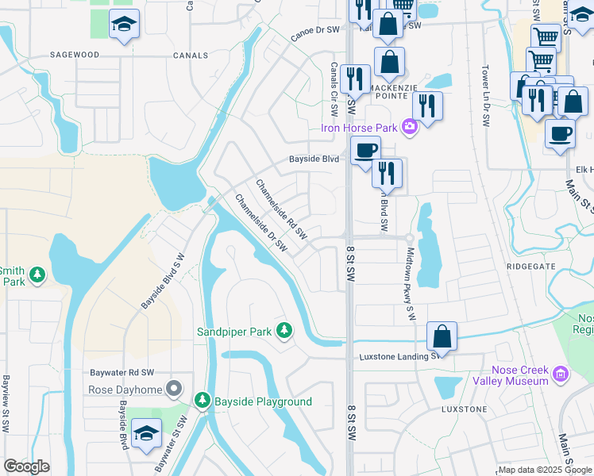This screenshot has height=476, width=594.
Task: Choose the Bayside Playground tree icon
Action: (202, 401)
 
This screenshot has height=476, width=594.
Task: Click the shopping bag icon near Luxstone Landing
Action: (442, 336)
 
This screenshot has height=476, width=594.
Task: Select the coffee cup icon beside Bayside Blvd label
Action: (365, 150)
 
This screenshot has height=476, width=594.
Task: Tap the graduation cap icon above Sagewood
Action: (123, 25)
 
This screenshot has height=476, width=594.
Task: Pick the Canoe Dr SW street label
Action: (314, 33)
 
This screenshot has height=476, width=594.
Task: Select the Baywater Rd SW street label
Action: (121, 371)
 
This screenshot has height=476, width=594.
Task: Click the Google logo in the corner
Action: (26, 466)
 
